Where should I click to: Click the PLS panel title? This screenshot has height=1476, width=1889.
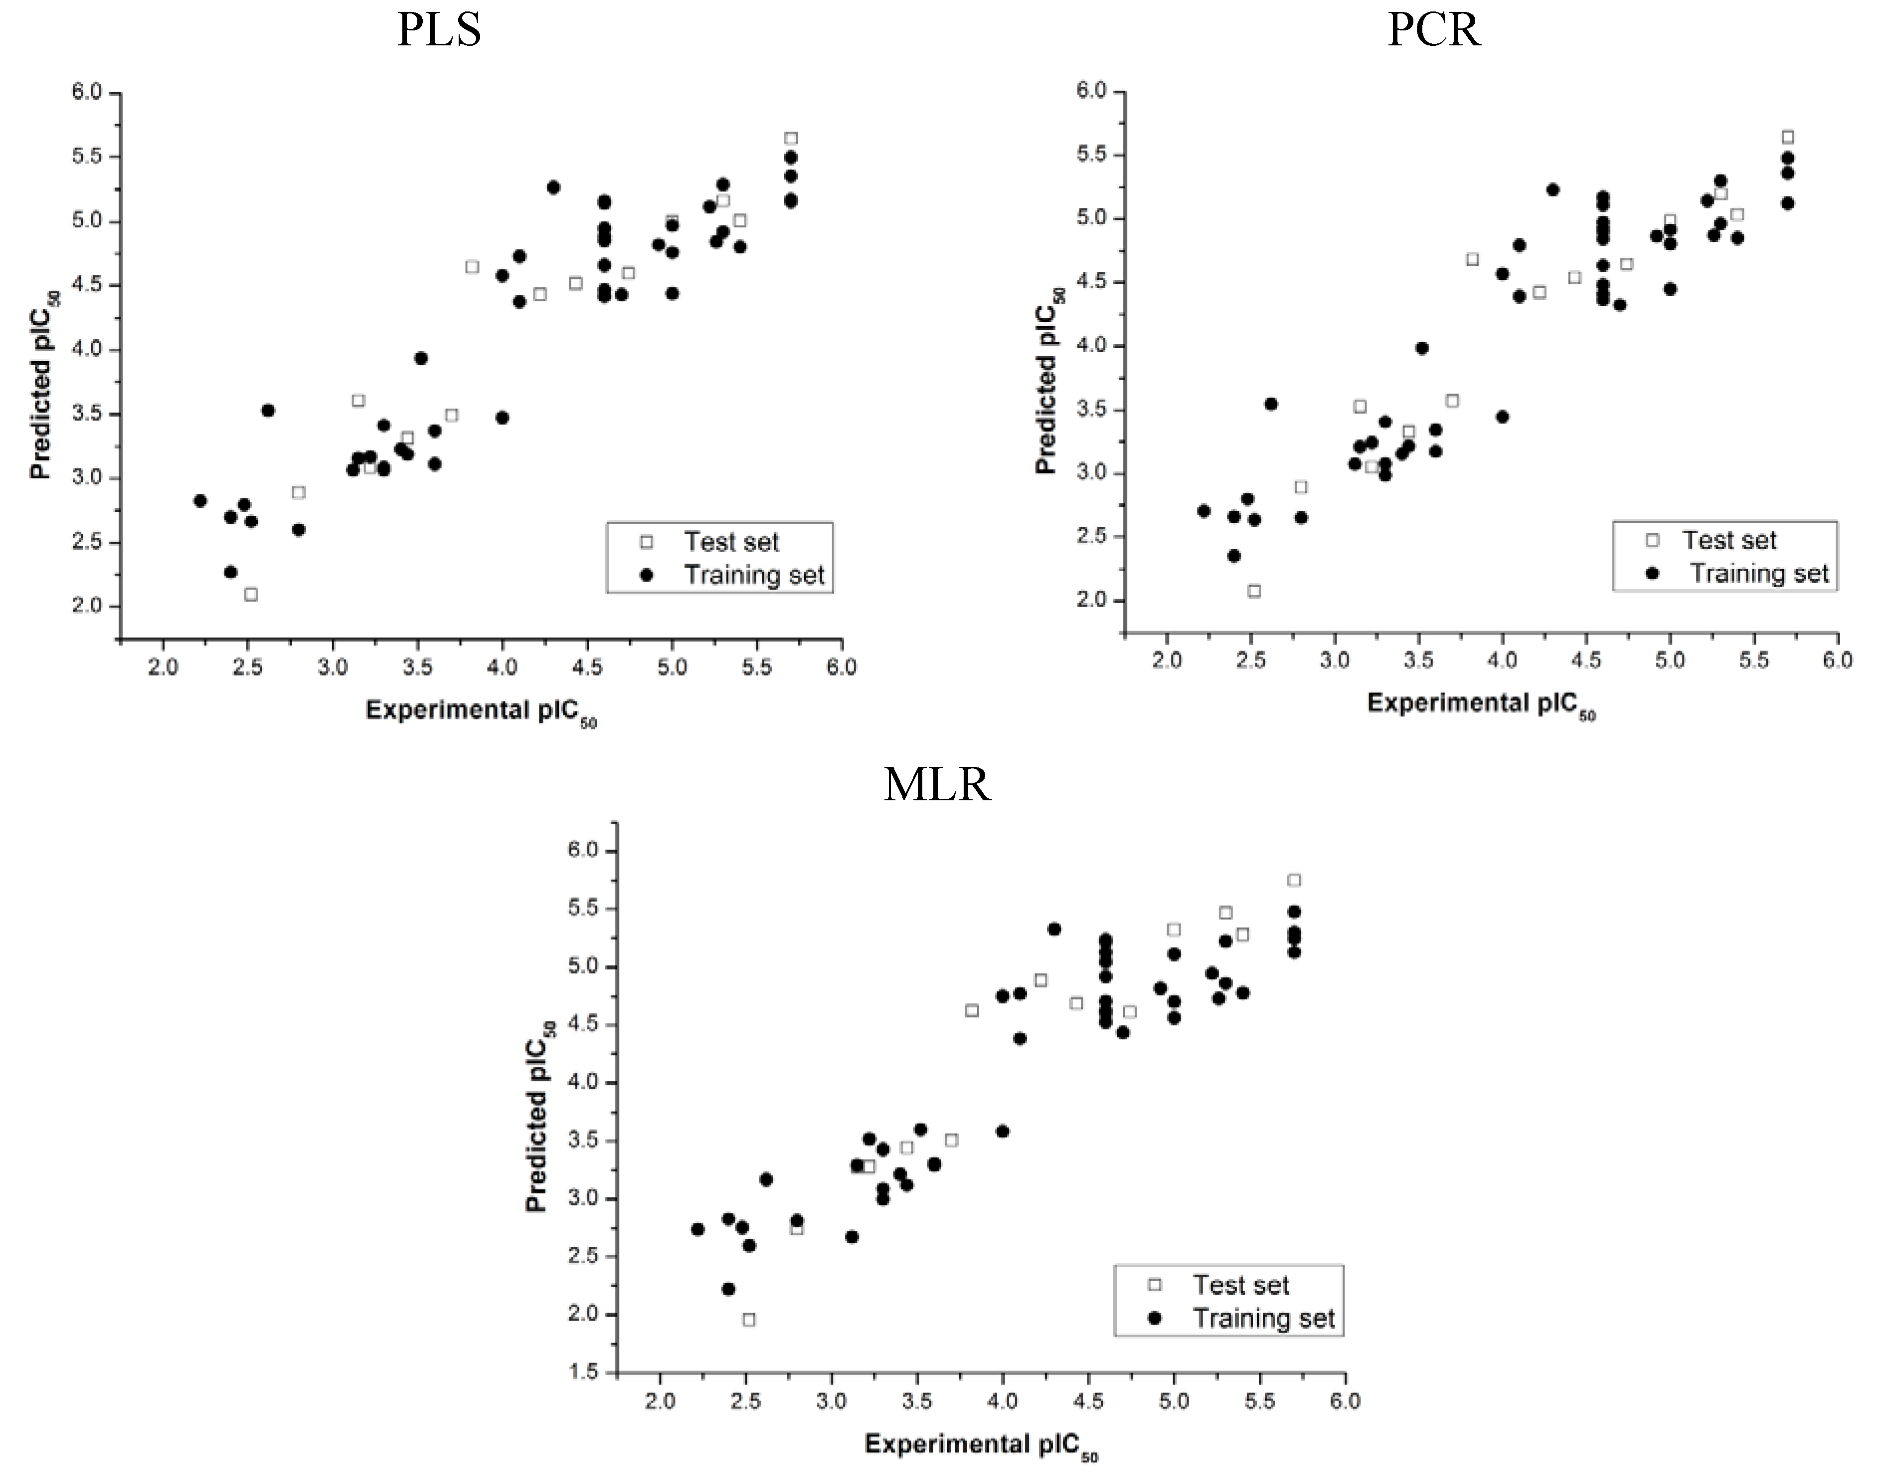point(439,30)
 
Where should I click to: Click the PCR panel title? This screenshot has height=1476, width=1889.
point(1433,30)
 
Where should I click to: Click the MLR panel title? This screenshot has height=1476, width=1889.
point(937,785)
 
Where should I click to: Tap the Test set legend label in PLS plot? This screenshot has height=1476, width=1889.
point(732,542)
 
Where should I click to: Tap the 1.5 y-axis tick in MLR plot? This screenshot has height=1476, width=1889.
point(582,1371)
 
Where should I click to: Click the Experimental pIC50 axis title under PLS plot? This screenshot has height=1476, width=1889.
point(481,713)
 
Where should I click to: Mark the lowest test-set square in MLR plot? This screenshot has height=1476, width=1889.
point(749,1320)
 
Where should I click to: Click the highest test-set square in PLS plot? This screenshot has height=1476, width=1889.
point(791,139)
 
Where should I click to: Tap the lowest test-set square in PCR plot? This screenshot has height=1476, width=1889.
point(1254,591)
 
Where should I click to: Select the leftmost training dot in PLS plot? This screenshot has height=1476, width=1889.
point(200,501)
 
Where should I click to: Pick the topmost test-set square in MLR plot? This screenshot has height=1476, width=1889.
point(1294,880)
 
